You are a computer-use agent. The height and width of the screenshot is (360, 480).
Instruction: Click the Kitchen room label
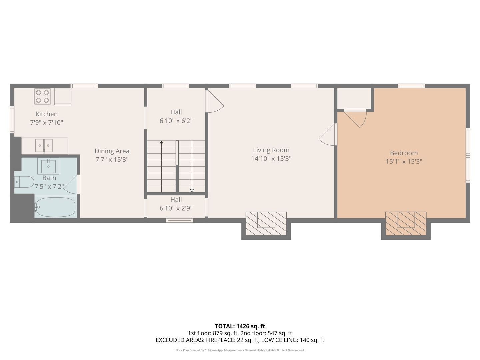[47, 114]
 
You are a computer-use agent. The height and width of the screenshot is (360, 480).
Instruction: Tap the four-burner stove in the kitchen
[42, 96]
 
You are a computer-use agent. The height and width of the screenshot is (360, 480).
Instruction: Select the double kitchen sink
[44, 146]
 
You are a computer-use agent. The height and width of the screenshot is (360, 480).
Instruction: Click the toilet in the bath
[24, 182]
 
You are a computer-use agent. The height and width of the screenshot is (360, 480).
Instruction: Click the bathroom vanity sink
[48, 166]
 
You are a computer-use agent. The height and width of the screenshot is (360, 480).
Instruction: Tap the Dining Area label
[112, 151]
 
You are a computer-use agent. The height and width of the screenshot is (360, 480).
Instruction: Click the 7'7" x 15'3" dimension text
[112, 160]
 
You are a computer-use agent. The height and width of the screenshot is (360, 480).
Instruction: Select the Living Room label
[271, 150]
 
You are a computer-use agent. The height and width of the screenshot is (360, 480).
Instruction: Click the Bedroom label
[404, 153]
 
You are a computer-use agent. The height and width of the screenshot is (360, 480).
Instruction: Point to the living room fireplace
[266, 224]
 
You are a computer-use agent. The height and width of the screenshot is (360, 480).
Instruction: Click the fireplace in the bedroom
[406, 224]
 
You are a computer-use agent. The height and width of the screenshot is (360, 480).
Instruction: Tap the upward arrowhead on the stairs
[161, 143]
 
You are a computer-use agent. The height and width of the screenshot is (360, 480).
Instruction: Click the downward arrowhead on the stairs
[192, 191]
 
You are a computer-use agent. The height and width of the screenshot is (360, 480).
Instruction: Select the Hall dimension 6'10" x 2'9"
[176, 208]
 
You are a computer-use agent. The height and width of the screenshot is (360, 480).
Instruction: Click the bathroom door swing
[71, 184]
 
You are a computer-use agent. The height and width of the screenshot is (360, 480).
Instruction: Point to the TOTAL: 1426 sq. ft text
[240, 326]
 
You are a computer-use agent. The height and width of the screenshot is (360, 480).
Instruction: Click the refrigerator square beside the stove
[63, 96]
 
